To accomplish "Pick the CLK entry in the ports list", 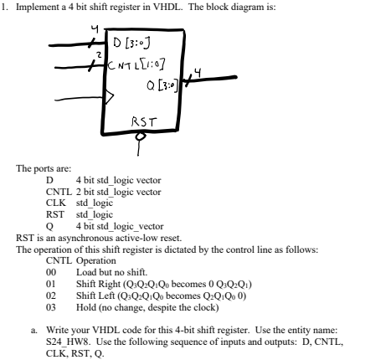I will [54, 202].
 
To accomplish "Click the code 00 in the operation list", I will [50, 272].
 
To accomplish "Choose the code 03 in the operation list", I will [50, 307].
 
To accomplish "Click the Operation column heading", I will [95, 260].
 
